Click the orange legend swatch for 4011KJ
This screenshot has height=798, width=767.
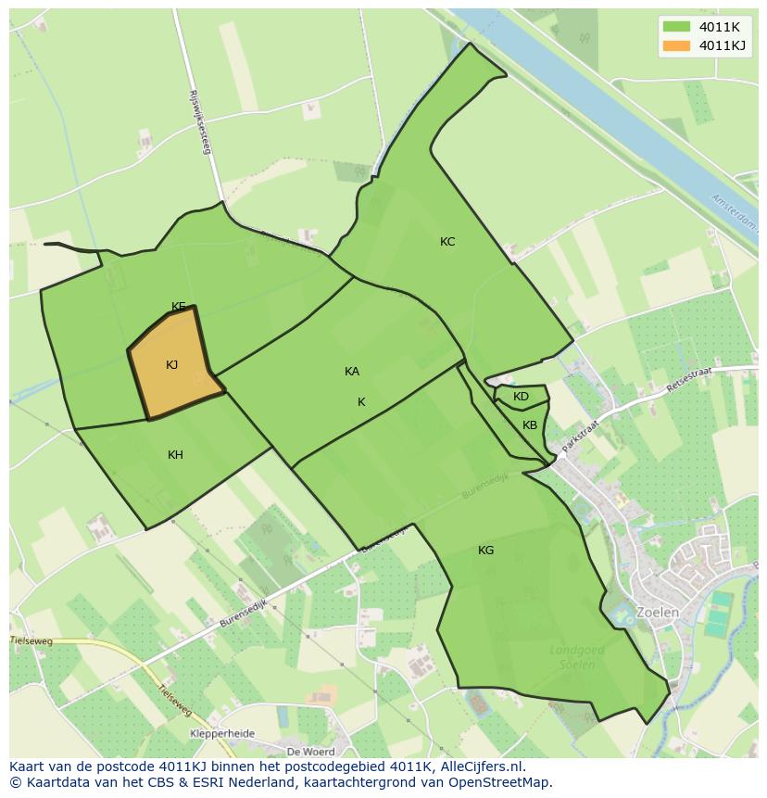[x=677, y=45]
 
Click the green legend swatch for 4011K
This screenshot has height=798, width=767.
[x=677, y=27]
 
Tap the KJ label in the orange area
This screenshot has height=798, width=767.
[x=171, y=365]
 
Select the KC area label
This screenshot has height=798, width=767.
[x=447, y=242]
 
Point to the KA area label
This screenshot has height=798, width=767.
[x=352, y=372]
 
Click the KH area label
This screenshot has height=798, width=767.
[x=175, y=455]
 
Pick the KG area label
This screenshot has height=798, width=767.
[x=485, y=551]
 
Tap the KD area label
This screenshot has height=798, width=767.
[x=521, y=397]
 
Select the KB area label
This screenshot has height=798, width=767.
[x=530, y=425]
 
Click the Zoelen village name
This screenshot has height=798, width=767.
[x=658, y=613]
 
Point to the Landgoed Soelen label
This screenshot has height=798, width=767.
[x=577, y=658]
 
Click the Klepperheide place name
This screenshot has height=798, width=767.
[x=222, y=733]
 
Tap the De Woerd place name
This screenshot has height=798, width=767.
[x=310, y=751]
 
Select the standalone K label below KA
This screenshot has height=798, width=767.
[x=361, y=402]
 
